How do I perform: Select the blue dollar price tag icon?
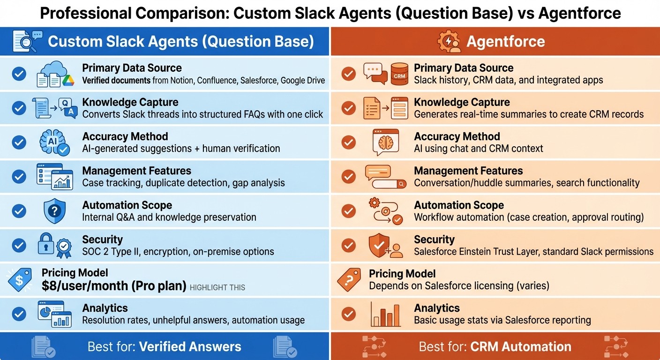click(20, 280)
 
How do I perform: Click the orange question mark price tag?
click(349, 280)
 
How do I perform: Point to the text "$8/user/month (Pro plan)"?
click(114, 286)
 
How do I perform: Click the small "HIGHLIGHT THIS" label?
click(217, 287)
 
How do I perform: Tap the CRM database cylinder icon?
click(399, 74)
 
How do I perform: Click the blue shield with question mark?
click(54, 211)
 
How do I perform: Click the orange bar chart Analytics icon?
click(385, 314)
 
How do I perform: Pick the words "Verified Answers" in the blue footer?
click(190, 347)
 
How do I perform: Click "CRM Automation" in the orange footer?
click(520, 347)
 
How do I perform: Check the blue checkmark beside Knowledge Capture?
click(19, 108)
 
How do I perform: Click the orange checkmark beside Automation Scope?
click(348, 211)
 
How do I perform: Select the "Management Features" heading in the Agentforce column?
click(468, 171)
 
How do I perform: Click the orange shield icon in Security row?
click(379, 245)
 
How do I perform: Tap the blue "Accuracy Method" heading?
click(125, 136)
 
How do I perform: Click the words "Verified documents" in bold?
click(116, 80)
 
